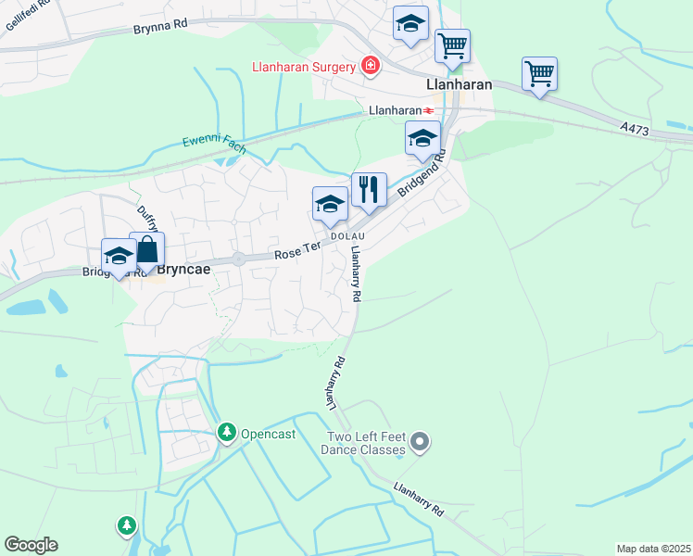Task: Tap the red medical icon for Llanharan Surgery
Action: coord(371,66)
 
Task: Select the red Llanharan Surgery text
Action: coord(305,67)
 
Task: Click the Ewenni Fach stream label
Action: coord(214,142)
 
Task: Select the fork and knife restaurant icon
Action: coord(369,189)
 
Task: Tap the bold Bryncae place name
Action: coord(183,272)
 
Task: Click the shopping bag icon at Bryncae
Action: coord(147,249)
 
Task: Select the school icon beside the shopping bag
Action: coord(119,256)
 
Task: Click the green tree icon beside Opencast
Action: coord(226,432)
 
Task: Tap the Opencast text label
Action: coord(267,433)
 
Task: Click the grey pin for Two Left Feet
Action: coord(421,441)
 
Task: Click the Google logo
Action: coord(31,545)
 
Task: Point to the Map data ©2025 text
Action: coord(652,549)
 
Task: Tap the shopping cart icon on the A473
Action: coord(539,72)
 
